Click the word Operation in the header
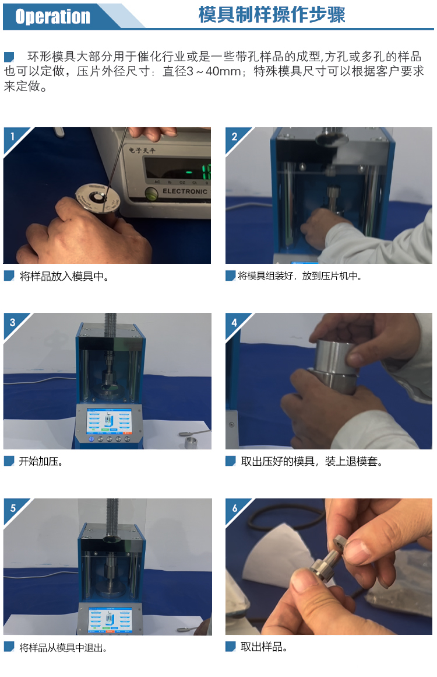click(52, 16)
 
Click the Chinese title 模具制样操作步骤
click(272, 15)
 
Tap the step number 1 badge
click(12, 137)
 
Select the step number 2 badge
click(234, 137)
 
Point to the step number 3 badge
click(12, 323)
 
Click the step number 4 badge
click(234, 323)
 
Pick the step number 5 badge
click(12, 508)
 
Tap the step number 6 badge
click(234, 508)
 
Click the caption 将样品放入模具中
click(64, 276)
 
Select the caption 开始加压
click(41, 462)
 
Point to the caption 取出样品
click(263, 647)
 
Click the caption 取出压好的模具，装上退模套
click(311, 462)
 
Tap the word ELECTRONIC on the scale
click(185, 191)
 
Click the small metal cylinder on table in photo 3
click(191, 442)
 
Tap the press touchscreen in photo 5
click(110, 620)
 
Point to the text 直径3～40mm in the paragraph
click(202, 71)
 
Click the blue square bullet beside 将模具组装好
click(230, 276)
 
